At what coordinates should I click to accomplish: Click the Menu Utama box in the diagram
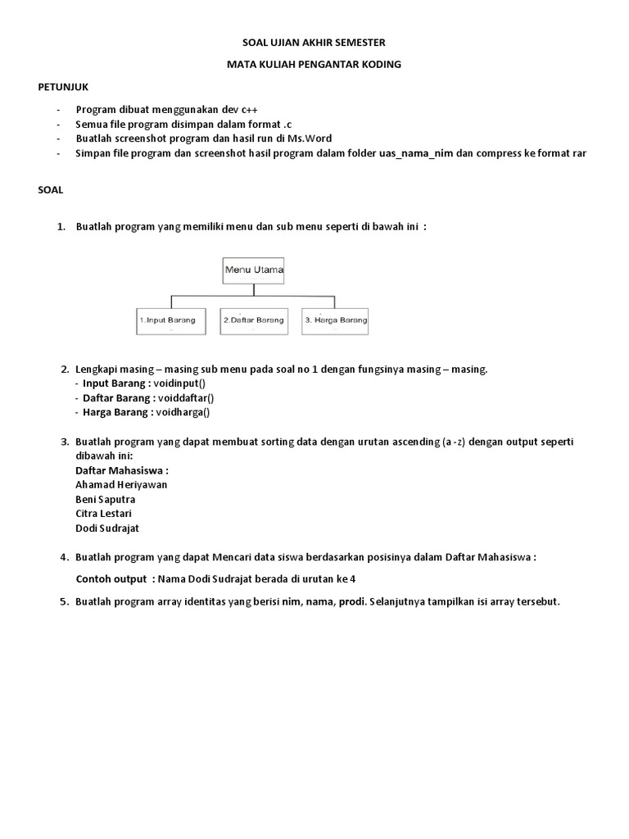pyautogui.click(x=254, y=270)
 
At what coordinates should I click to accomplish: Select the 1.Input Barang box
pyautogui.click(x=169, y=320)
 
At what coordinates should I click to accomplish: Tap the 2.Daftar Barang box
pyautogui.click(x=253, y=320)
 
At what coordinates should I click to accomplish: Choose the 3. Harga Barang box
pyautogui.click(x=335, y=320)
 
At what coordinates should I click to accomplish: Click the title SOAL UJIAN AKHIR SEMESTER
pyautogui.click(x=314, y=42)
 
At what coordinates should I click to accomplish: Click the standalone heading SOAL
pyautogui.click(x=51, y=189)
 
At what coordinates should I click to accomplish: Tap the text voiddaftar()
pyautogui.click(x=185, y=397)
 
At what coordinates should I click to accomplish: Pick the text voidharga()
pyautogui.click(x=181, y=412)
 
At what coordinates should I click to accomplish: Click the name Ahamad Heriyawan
pyautogui.click(x=121, y=484)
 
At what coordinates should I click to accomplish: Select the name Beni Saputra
pyautogui.click(x=106, y=499)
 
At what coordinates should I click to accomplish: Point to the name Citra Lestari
pyautogui.click(x=103, y=514)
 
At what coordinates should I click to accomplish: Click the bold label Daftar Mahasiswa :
pyautogui.click(x=122, y=470)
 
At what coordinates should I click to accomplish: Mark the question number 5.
pyautogui.click(x=64, y=601)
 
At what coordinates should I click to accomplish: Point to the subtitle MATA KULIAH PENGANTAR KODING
pyautogui.click(x=314, y=64)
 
